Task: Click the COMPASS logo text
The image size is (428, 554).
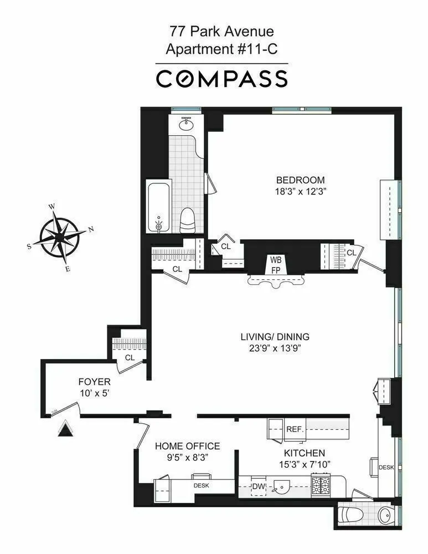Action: [x=221, y=79]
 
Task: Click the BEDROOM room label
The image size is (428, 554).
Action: [x=300, y=180]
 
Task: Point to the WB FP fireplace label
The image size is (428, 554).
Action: [x=275, y=264]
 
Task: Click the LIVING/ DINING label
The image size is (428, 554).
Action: [x=275, y=336]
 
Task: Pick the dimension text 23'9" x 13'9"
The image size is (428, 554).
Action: [x=275, y=348]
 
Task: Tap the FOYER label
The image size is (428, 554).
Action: [x=94, y=382]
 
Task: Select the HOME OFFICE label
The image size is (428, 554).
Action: [x=187, y=446]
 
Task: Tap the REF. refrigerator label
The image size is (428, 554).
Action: [x=293, y=429]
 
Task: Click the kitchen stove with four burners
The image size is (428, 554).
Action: [x=321, y=485]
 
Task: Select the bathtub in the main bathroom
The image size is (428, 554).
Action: [x=158, y=206]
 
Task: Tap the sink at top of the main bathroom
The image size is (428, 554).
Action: [x=187, y=125]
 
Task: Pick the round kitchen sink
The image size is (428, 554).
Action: [x=283, y=488]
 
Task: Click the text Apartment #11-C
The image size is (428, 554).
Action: [x=221, y=49]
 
